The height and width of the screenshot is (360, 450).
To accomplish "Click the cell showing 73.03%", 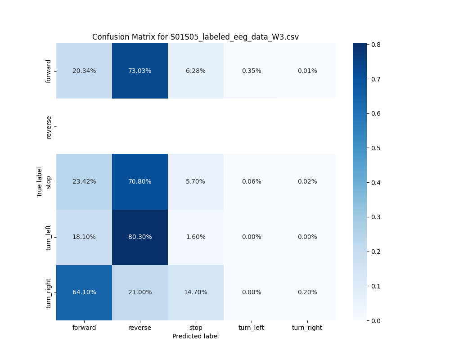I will click(140, 71).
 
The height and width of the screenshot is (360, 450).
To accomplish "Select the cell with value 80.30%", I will click(140, 237).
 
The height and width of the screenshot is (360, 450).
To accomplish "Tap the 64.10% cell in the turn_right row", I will click(84, 292).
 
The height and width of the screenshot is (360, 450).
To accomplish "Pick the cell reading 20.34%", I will click(84, 71).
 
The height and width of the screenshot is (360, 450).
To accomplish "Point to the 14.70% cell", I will click(196, 292).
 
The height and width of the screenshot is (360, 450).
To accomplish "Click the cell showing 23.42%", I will click(84, 181).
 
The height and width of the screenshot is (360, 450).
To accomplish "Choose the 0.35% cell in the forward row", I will click(252, 71).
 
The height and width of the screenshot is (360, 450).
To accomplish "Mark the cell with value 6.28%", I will click(196, 71).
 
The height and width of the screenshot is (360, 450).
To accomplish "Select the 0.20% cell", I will click(307, 292).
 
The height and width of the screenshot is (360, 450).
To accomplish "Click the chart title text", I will click(195, 37).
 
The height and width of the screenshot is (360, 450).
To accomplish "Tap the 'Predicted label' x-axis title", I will click(195, 336).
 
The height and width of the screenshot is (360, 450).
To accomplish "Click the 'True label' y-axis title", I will click(40, 182).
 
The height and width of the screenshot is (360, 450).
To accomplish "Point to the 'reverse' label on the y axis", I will click(49, 126).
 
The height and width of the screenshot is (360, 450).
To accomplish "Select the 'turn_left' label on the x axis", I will click(252, 328).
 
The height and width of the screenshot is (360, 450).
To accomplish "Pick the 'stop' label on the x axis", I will click(196, 328).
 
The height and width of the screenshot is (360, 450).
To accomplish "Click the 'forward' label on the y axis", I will click(49, 71).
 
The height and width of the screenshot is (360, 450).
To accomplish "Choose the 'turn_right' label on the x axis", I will click(307, 328).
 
